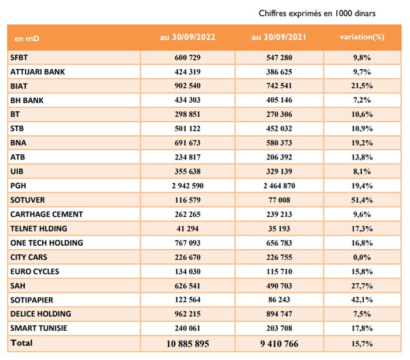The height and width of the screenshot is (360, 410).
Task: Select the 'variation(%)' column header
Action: [362, 37]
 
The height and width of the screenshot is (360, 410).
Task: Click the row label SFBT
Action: [20, 57]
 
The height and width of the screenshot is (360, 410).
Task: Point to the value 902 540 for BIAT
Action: [188, 86]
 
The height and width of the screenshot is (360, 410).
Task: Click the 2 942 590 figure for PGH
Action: [188, 186]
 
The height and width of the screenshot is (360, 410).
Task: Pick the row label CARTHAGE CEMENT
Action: [47, 215]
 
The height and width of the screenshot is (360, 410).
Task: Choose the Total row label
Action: [22, 343]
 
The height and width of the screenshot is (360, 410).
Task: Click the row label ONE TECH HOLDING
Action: [47, 243]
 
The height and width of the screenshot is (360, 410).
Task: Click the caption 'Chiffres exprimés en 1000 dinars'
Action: [317, 13]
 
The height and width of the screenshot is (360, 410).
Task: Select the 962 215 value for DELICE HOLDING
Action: [188, 314]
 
